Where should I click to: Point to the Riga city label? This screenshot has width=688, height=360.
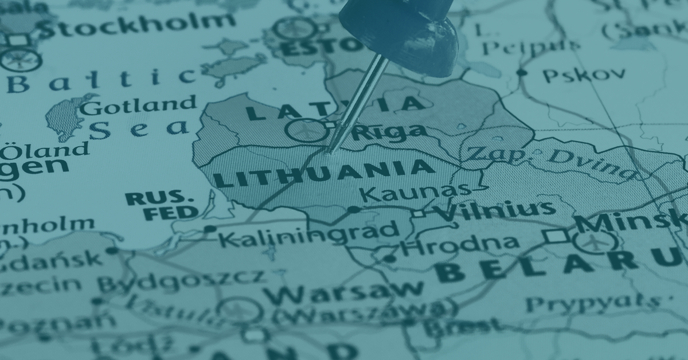point(390,132)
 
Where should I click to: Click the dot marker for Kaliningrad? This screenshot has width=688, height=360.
point(210,229)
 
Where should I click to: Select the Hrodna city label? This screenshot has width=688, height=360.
point(459,245)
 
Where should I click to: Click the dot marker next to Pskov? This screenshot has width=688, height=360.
point(521,72)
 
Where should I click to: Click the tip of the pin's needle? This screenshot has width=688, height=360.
point(329,151)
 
